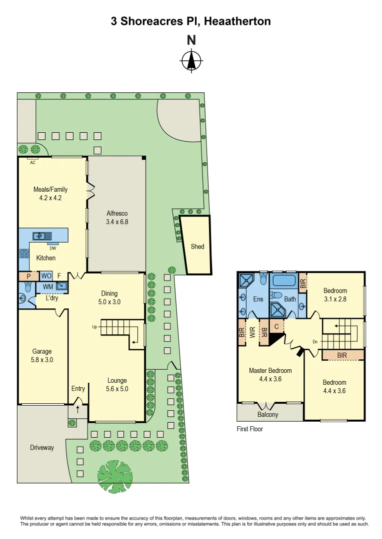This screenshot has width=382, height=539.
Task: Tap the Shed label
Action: [x=197, y=247]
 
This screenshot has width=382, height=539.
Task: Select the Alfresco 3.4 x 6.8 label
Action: [x=117, y=218]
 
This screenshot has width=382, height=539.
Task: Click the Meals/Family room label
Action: [x=50, y=193]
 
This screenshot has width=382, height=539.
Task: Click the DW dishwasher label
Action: [x=52, y=248]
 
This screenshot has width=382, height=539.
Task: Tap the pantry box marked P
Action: [x=28, y=275]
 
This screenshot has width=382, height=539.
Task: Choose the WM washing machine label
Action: [x=48, y=286]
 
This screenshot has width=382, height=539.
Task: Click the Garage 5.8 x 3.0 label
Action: [x=42, y=355]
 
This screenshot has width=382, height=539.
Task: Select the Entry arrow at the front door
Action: [x=77, y=409]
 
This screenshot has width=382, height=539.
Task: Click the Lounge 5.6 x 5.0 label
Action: [x=116, y=384]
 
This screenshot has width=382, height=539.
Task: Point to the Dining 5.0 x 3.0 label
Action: [x=109, y=298]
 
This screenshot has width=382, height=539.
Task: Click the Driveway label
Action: [x=41, y=448]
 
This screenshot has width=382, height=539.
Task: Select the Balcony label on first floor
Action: [x=268, y=415]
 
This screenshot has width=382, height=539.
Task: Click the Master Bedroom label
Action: [x=270, y=375]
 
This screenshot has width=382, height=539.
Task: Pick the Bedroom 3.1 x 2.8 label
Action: [x=335, y=295]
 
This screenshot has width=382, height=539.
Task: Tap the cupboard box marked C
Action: [x=276, y=326]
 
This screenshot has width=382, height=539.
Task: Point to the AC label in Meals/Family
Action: [x=32, y=163]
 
